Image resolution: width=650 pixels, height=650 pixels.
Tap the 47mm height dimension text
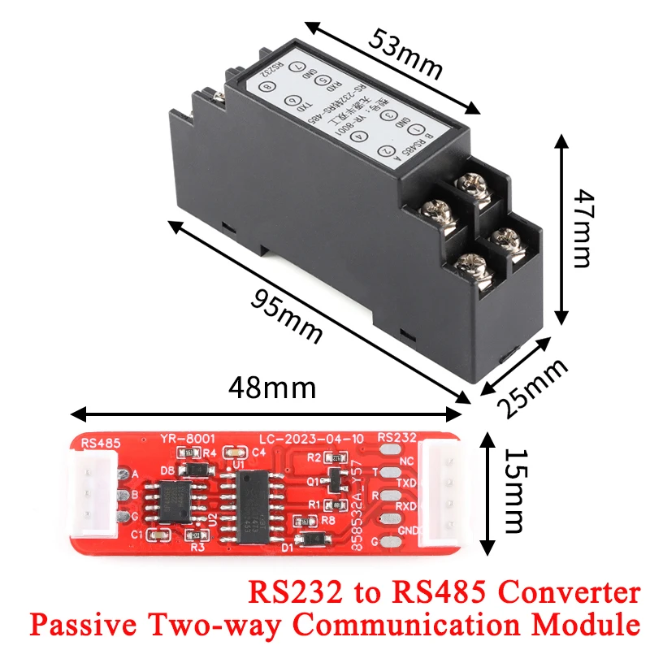[583, 229]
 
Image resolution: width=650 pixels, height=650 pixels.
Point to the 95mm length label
[284, 315]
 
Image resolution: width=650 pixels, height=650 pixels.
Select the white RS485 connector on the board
[96, 496]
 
